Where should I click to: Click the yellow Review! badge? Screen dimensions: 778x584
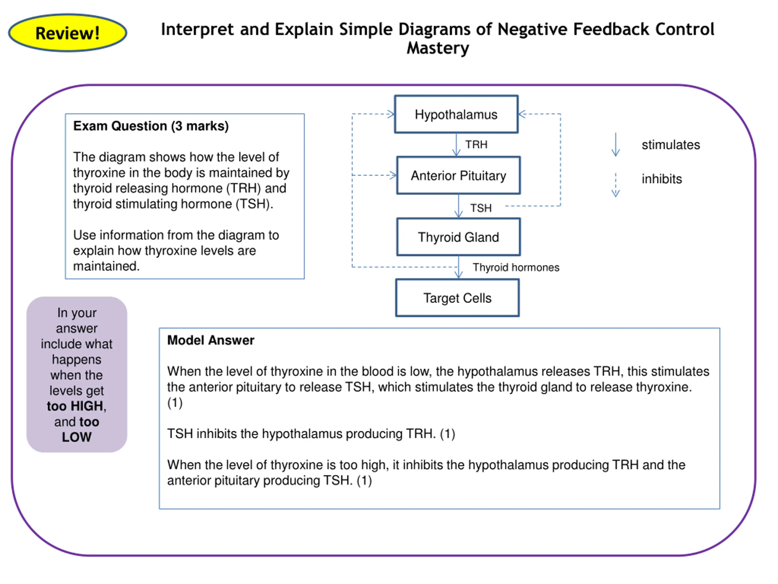(67, 33)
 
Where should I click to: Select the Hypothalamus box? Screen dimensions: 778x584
(456, 114)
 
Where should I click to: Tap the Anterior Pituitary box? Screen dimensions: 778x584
(458, 175)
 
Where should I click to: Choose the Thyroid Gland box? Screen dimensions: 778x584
(458, 237)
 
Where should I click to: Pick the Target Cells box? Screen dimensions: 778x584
(457, 298)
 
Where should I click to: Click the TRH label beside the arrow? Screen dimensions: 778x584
(476, 145)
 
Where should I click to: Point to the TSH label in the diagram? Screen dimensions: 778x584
(481, 208)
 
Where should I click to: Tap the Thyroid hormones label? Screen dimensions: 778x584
(516, 268)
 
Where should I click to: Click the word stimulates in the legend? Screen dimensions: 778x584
(671, 145)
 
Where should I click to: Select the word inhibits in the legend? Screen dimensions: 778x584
(662, 179)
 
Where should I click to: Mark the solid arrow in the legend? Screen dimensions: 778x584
(615, 144)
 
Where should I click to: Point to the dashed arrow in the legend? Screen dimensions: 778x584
(615, 185)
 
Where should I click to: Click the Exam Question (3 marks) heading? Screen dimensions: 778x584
(151, 126)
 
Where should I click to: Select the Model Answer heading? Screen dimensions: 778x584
(211, 340)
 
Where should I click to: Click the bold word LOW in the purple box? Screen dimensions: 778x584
(77, 437)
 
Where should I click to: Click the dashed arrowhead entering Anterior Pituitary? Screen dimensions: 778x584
(393, 175)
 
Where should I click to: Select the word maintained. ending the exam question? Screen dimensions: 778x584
(107, 266)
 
